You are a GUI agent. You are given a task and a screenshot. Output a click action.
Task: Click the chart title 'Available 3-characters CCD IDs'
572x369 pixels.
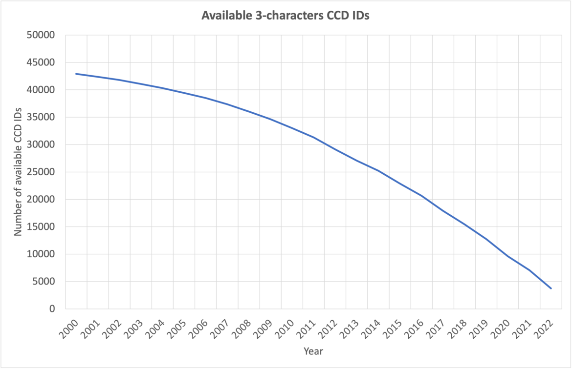[286, 16]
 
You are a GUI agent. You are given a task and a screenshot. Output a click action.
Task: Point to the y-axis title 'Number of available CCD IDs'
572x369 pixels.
[18, 172]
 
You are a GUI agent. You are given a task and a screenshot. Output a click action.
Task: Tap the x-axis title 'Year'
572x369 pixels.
[313, 351]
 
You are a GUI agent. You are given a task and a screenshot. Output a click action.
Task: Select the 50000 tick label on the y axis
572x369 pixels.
[41, 35]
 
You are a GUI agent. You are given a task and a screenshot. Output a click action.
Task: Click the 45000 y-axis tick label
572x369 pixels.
[41, 62]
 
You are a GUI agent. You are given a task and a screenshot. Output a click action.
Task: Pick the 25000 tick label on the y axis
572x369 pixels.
[41, 172]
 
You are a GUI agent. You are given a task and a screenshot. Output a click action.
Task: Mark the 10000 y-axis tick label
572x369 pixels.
[41, 254]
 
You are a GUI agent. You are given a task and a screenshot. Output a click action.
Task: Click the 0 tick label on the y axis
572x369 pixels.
[51, 309]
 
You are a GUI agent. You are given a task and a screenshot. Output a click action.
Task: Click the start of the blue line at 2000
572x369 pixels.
[76, 74]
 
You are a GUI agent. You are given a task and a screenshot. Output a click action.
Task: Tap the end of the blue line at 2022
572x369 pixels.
[551, 288]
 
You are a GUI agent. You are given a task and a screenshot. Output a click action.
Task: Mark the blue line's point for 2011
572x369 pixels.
[313, 137]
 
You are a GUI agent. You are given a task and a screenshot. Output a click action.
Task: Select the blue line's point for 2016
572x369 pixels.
[421, 196]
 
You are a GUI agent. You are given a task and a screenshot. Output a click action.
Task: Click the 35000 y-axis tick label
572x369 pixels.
[41, 117]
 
